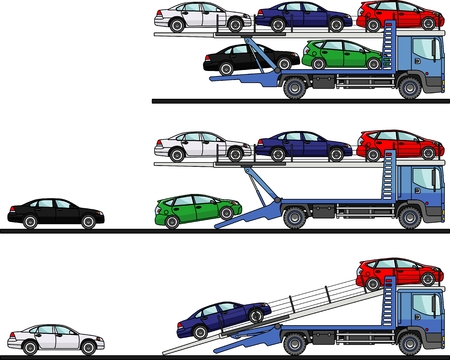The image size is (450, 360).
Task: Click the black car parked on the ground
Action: click(56, 212)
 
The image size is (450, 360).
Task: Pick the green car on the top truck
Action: click(339, 54)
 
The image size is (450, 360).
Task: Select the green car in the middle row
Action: click(195, 210)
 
